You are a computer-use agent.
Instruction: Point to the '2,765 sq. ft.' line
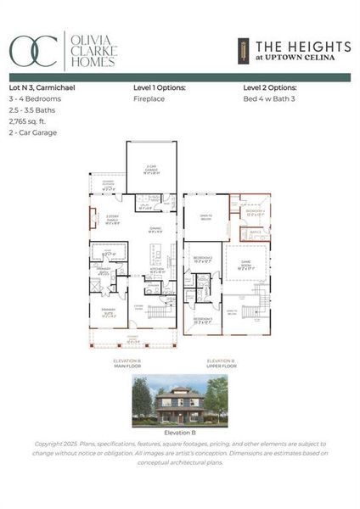coord(29,121)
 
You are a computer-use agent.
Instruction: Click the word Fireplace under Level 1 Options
coord(149,98)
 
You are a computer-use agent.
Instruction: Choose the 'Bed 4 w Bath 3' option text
coord(268,98)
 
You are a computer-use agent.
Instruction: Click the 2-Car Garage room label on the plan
coord(151,170)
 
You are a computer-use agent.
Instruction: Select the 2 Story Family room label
coord(113,220)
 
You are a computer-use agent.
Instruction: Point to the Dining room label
coord(155,230)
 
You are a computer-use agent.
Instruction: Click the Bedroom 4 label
coord(256,213)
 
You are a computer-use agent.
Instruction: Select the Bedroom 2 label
coord(202,259)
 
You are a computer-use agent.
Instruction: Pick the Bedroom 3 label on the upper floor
coord(202,321)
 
